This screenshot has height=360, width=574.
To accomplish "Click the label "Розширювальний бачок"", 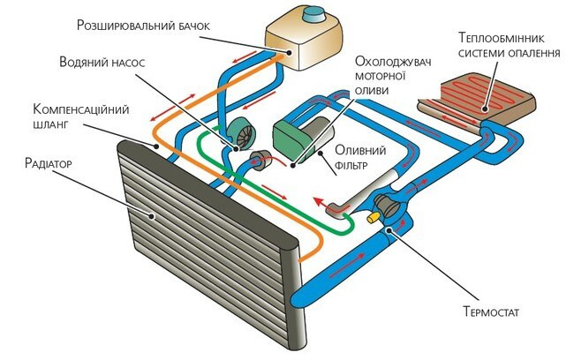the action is [143, 26].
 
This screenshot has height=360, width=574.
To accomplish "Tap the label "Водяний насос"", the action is [102, 62].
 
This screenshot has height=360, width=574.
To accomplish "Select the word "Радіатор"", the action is [48, 163].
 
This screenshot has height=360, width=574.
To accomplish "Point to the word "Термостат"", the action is [491, 311].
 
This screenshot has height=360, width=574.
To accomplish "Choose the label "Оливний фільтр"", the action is [360, 157].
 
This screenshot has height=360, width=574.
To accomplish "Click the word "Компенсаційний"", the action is [81, 109].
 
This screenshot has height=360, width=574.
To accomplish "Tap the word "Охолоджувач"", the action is [393, 61].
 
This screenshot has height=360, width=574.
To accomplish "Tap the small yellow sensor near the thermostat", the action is [374, 217].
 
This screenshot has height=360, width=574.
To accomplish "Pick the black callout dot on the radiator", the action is [152, 216].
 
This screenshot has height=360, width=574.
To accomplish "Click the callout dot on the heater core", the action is [484, 109].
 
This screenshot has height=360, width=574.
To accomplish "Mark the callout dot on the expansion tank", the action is [290, 53].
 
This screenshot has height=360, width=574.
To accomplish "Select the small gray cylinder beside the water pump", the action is [261, 161].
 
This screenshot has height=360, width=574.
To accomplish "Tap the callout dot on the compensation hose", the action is [156, 146].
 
